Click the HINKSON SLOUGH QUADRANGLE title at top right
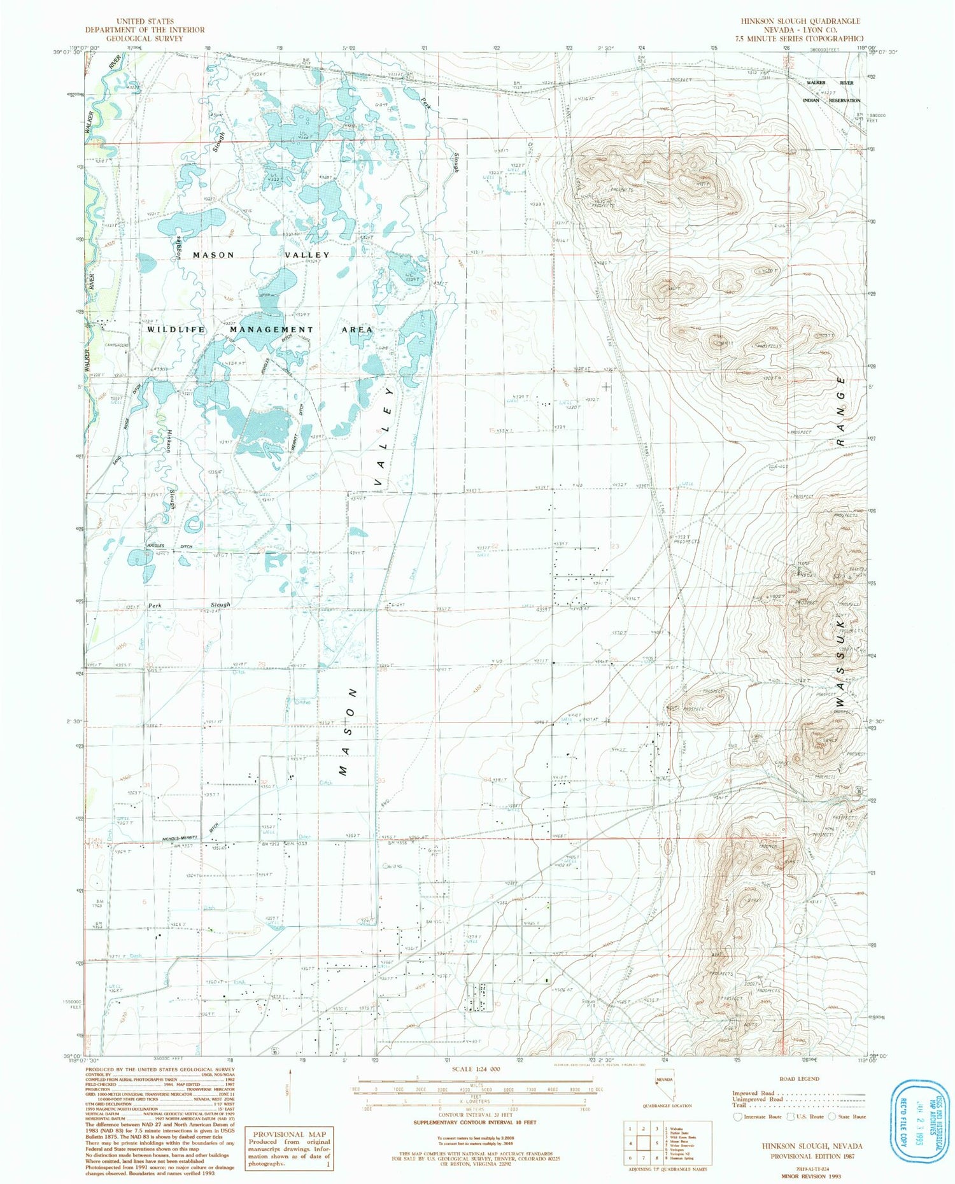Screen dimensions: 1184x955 click(800, 21)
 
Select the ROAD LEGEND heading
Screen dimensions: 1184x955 click(799, 1079)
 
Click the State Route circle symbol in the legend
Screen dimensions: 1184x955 click(832, 1117)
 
